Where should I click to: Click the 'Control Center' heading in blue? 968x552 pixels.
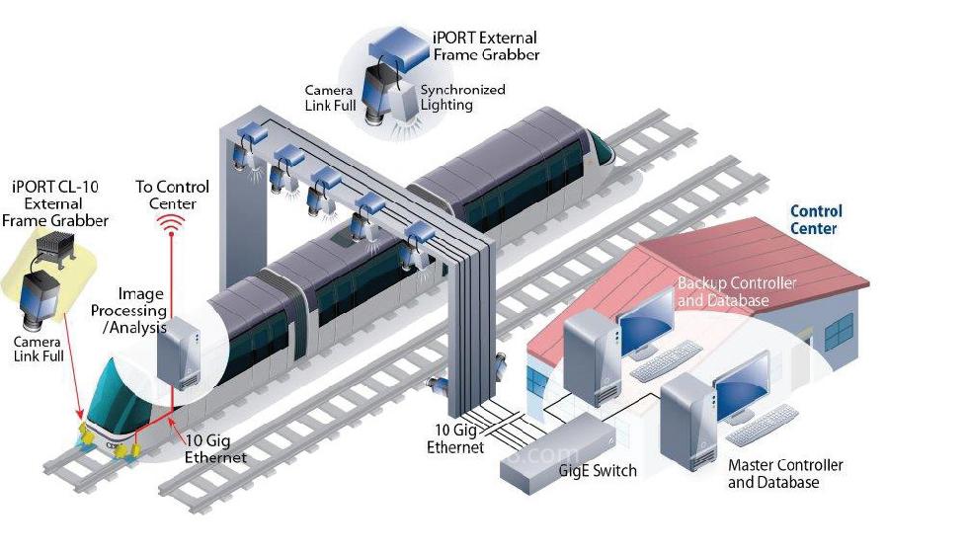[816, 219]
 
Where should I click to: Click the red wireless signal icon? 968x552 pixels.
[174, 226]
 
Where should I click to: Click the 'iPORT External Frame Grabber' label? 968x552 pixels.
[486, 45]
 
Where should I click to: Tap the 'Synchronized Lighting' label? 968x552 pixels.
[462, 97]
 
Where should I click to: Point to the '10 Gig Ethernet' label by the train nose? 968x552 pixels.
[215, 449]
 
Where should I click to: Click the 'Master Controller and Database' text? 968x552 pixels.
[785, 473]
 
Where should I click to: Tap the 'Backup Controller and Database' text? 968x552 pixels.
[736, 291]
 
